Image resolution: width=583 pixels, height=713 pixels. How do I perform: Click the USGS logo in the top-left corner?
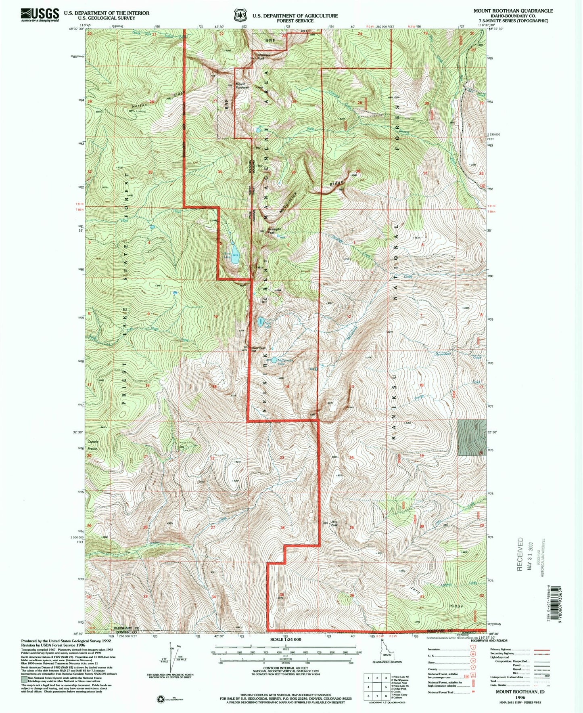tap(40, 15)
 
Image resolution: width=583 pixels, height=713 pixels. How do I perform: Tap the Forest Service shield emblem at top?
tap(240, 15)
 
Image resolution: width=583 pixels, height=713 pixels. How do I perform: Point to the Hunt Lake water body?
tap(234, 258)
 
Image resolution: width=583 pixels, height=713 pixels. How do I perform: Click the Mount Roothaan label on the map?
tap(242, 86)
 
